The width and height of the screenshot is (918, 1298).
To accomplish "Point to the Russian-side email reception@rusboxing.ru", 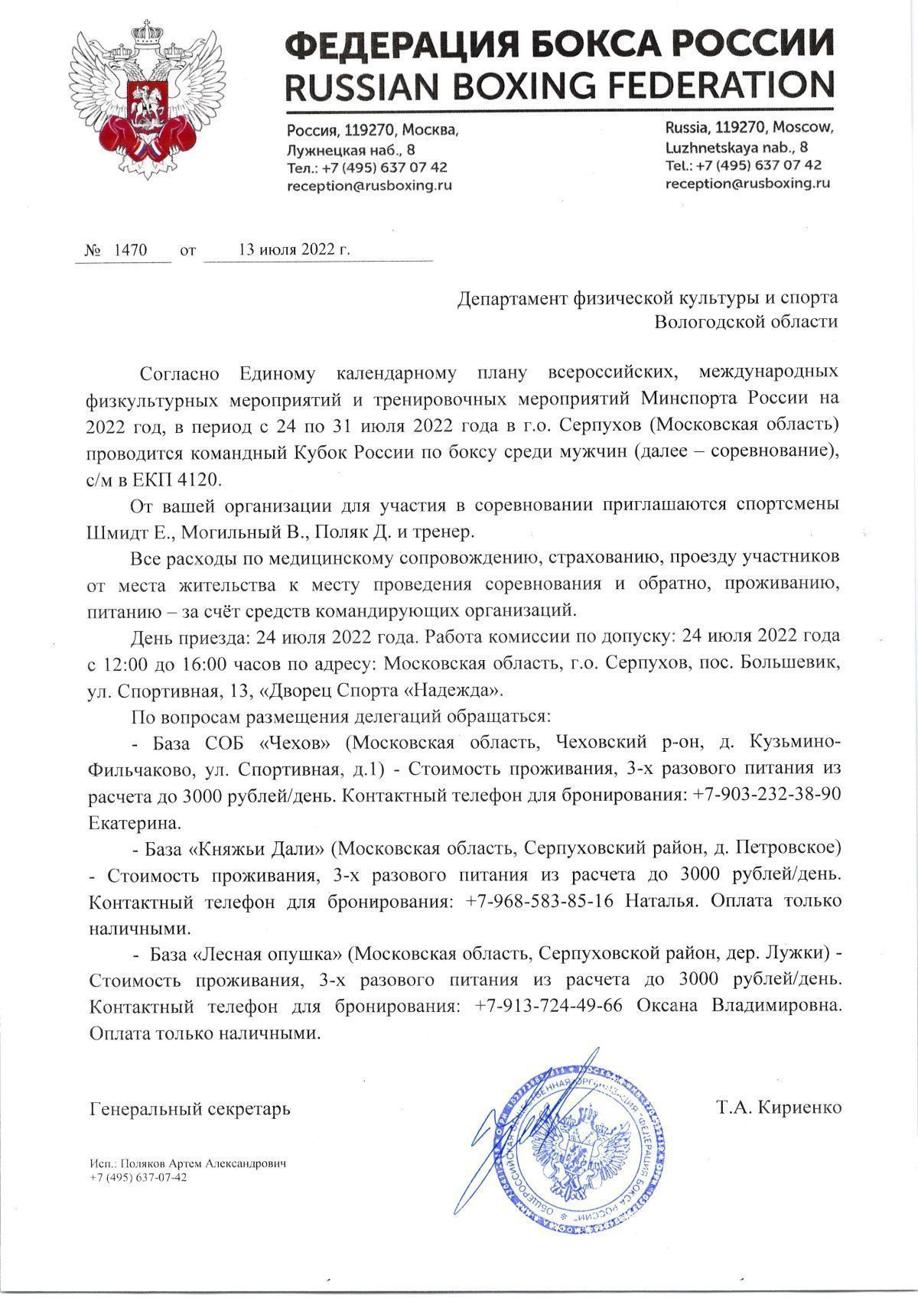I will [x=369, y=185].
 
